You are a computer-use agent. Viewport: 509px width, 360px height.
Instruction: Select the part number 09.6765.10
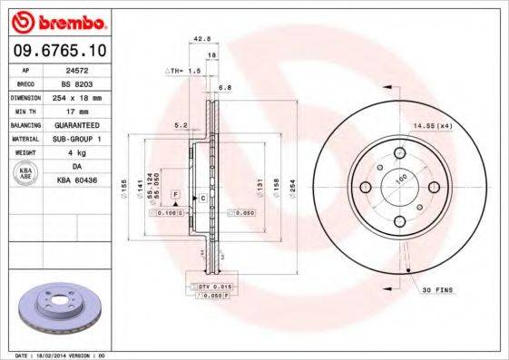tap(60, 51)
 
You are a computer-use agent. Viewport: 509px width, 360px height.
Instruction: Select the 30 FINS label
tap(439, 290)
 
